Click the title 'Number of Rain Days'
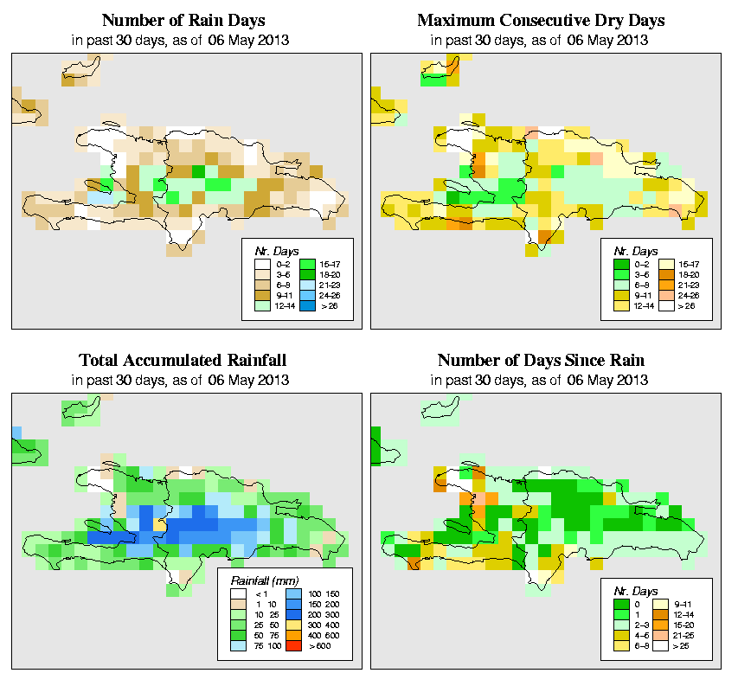click(x=183, y=20)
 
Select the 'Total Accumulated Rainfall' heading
click(x=183, y=361)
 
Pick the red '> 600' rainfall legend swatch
click(x=292, y=644)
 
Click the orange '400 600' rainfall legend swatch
click(x=292, y=634)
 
